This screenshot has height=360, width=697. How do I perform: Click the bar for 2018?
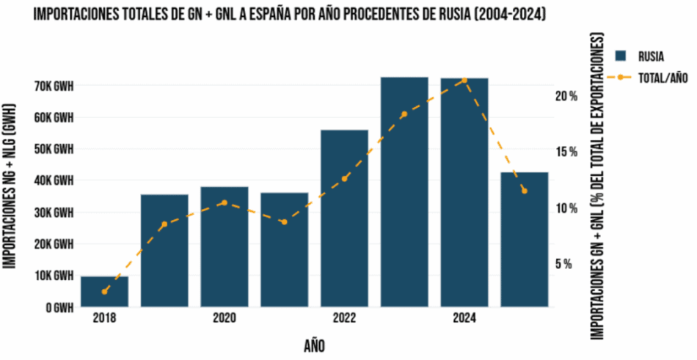pos(104,292)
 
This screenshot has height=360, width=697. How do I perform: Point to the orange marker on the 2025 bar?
pos(524,191)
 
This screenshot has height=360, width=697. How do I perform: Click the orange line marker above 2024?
pos(464,80)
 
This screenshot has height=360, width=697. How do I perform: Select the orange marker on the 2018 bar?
pos(105,291)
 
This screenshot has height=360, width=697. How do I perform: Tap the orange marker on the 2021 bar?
pos(285,221)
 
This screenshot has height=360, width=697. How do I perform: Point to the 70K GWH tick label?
pos(54,86)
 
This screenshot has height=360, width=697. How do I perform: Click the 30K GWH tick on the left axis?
pos(54,213)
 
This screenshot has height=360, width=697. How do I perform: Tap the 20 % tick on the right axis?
pos(566,96)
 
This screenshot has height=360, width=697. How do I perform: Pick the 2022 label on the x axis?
pos(344,318)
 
